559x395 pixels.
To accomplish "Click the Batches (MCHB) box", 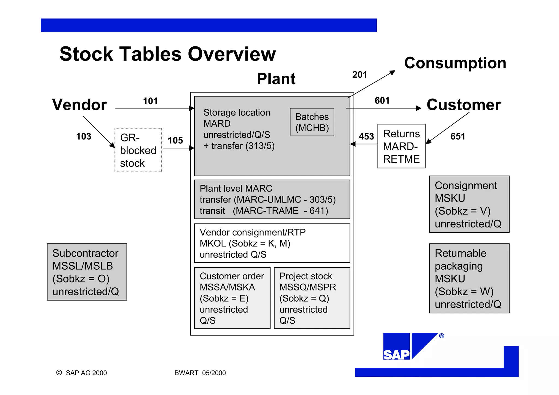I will click(x=312, y=122).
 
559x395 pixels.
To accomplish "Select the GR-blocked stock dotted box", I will click(x=138, y=150).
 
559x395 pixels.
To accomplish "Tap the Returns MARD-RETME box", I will click(x=401, y=146).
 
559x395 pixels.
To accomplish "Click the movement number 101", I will click(x=150, y=101).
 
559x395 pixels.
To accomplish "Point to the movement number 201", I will click(x=359, y=75).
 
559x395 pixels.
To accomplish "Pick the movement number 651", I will click(x=457, y=136).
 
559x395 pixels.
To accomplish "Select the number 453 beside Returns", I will click(x=366, y=136).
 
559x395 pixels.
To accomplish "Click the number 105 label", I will click(x=175, y=141).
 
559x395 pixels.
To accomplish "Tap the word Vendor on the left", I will click(x=79, y=105).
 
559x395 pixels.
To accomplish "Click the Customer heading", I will click(x=463, y=105).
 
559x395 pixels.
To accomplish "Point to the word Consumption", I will click(x=455, y=63).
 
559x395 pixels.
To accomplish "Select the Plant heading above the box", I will click(x=276, y=79).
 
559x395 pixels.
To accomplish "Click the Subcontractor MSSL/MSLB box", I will click(x=87, y=272).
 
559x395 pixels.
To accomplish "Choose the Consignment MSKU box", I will click(x=469, y=204).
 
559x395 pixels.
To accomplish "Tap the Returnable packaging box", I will click(x=469, y=278).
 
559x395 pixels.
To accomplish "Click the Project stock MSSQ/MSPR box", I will click(x=312, y=298).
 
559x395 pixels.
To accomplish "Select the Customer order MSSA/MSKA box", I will click(x=232, y=298).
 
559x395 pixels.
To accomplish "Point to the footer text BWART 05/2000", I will click(x=200, y=373).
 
